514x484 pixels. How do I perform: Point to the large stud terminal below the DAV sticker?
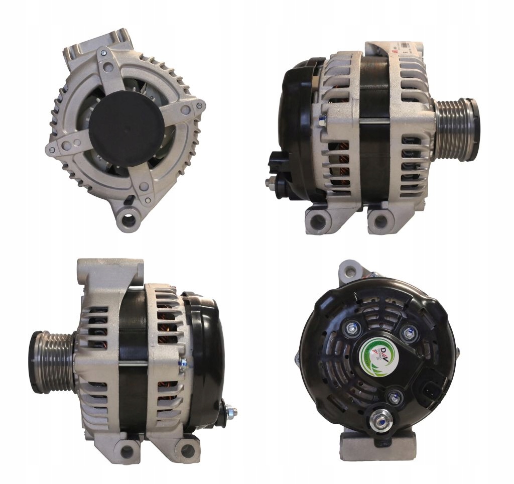377,419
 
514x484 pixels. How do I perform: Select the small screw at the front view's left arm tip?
51,149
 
